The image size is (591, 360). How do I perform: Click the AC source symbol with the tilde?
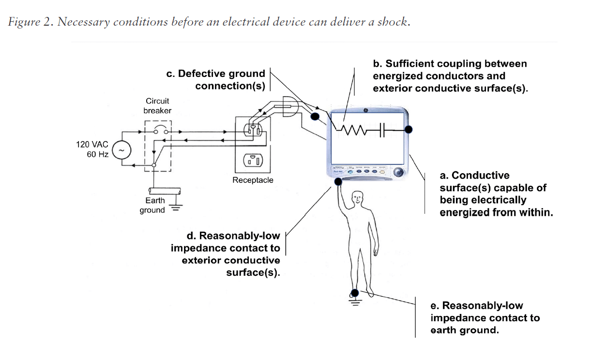[x=121, y=151]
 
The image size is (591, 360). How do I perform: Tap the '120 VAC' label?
[x=92, y=145]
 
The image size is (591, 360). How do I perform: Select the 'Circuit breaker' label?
[x=157, y=106]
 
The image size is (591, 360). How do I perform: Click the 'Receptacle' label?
[x=253, y=180]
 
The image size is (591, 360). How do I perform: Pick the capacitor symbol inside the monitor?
[x=381, y=130]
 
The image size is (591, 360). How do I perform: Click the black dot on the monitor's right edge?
[x=409, y=129]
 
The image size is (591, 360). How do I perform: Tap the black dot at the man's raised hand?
[x=338, y=182]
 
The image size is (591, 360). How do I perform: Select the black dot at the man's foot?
[x=355, y=292]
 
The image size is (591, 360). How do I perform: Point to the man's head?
[x=358, y=197]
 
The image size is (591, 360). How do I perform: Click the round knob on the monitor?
[x=399, y=172]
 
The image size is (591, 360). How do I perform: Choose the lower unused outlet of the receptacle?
[x=253, y=160]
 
